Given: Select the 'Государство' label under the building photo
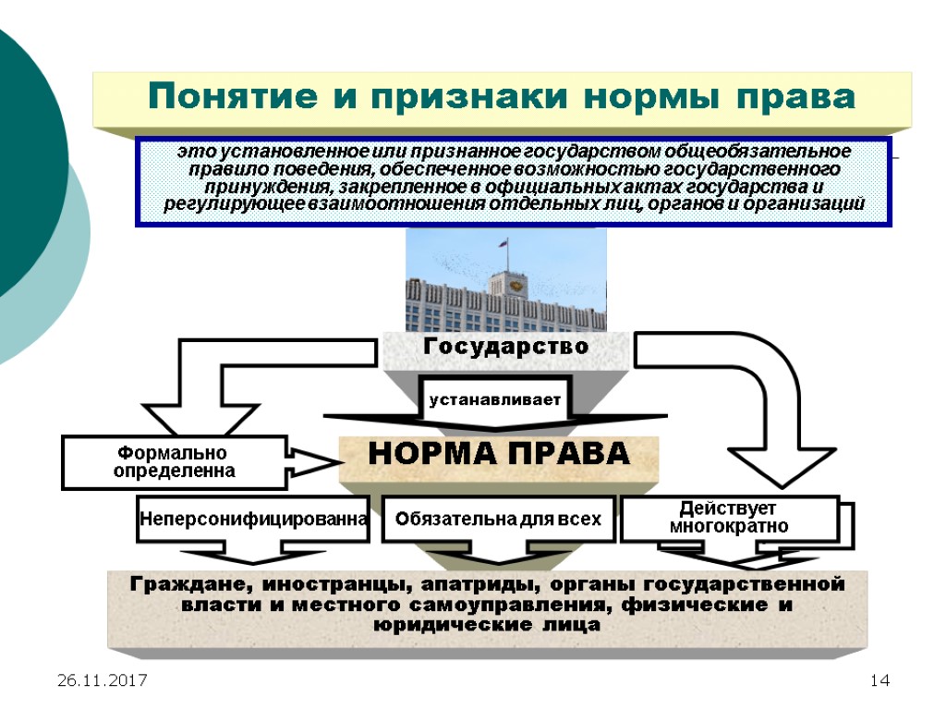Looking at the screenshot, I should pyautogui.click(x=506, y=348).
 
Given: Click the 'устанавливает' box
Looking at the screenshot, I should pyautogui.click(x=494, y=400).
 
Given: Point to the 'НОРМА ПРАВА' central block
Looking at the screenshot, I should pyautogui.click(x=499, y=455).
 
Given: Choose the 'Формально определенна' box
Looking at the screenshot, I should pyautogui.click(x=174, y=462).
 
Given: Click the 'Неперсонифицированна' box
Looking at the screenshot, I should pyautogui.click(x=253, y=520).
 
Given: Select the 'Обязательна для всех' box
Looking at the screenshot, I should pyautogui.click(x=498, y=520).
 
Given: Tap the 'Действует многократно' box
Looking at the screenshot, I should pyautogui.click(x=728, y=518).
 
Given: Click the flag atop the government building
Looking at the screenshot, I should pyautogui.click(x=504, y=247).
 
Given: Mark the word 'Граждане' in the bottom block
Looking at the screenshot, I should pyautogui.click(x=191, y=584).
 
